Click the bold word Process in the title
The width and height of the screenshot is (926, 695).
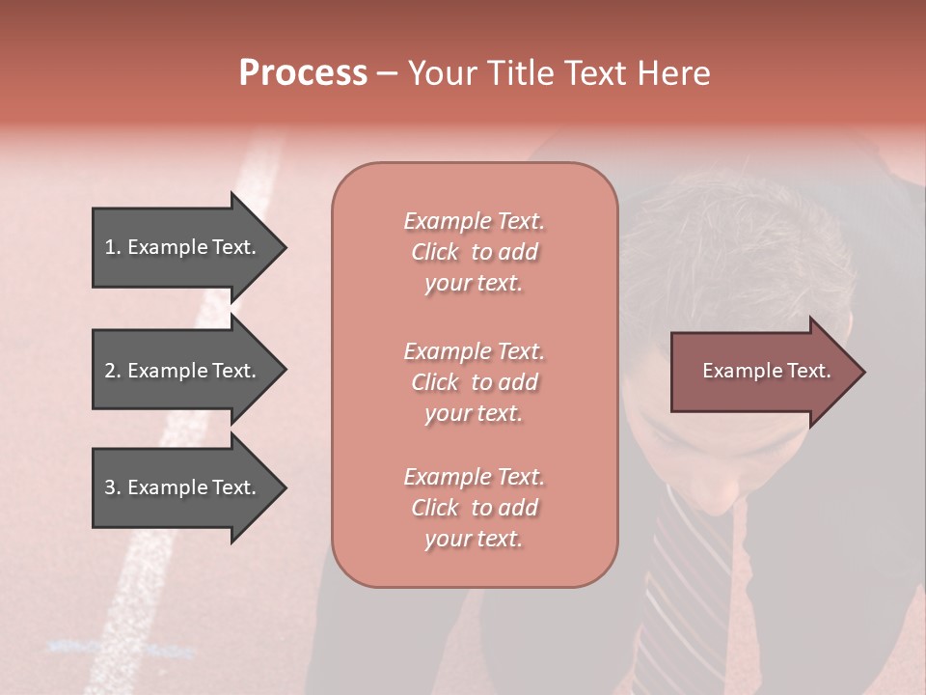point(303,73)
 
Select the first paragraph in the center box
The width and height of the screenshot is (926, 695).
point(474,252)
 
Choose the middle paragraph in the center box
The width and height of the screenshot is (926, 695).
point(474,382)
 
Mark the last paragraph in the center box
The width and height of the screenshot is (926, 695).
point(474,508)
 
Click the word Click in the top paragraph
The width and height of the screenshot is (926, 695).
point(435,252)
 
